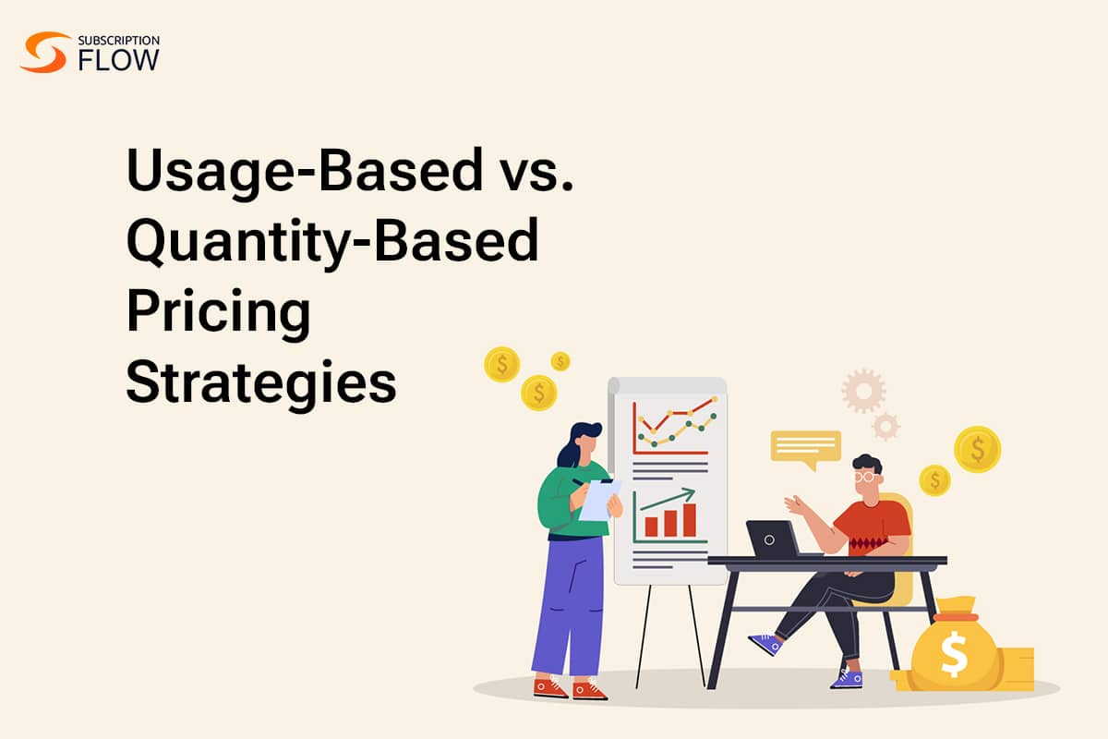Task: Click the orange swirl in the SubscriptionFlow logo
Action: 44,52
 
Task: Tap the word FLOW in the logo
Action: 119,60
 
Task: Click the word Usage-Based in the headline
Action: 305,171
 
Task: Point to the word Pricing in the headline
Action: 218,313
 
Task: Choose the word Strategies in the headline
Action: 261,383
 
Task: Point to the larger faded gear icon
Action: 863,391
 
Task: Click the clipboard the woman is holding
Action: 600,500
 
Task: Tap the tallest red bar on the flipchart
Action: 690,520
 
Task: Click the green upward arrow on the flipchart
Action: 668,499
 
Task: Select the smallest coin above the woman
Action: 560,361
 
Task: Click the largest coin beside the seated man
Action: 978,450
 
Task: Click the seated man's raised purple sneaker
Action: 765,644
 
